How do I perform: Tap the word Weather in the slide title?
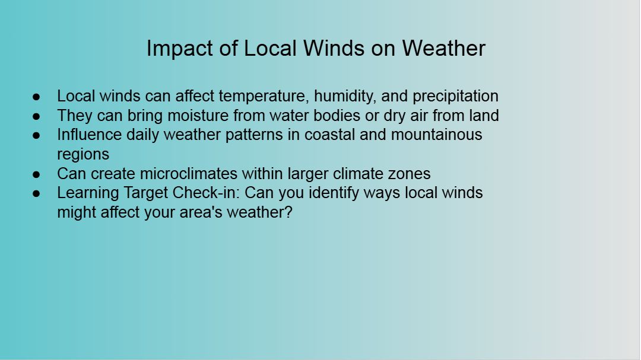pyautogui.click(x=443, y=48)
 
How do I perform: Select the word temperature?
pyautogui.click(x=264, y=97)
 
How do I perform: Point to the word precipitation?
pyautogui.click(x=455, y=97)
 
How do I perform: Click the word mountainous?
pyautogui.click(x=436, y=135)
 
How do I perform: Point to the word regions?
pyautogui.click(x=83, y=155)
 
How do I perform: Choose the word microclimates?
pyautogui.click(x=189, y=174)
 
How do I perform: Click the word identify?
pyautogui.click(x=334, y=193)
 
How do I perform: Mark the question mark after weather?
pyautogui.click(x=288, y=212)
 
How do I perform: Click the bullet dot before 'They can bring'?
pyautogui.click(x=36, y=116)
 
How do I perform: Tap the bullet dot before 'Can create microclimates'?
pyautogui.click(x=36, y=174)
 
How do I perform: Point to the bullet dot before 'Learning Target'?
pyautogui.click(x=36, y=194)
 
